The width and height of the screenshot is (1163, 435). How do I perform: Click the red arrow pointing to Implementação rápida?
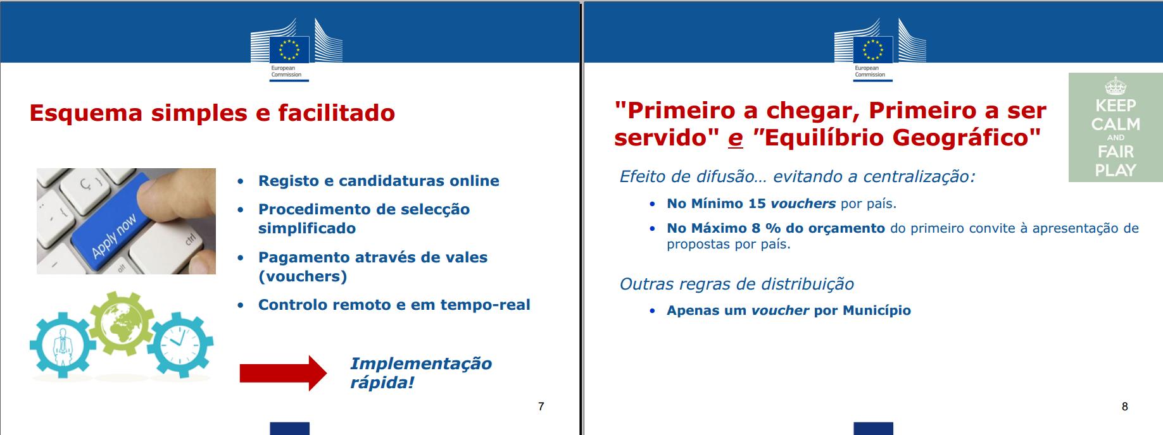[283, 373]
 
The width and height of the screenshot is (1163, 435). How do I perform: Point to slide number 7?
[541, 407]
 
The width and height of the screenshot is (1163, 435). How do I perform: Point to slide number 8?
[1124, 407]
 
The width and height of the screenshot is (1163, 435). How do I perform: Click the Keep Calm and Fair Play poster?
[1116, 128]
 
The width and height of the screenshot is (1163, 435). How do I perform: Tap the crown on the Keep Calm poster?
[1116, 86]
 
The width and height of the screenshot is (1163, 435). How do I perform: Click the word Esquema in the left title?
[86, 113]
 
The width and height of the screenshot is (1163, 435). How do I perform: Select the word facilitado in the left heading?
[336, 113]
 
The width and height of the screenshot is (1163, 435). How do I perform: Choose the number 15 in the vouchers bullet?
[757, 204]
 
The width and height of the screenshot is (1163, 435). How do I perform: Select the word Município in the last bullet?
[877, 310]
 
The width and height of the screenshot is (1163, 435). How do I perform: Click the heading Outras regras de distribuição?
[737, 284]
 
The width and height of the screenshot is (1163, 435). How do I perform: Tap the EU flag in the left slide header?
[289, 49]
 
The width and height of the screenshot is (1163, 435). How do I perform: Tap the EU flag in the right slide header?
[873, 49]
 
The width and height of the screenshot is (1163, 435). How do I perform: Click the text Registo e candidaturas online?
[379, 181]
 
